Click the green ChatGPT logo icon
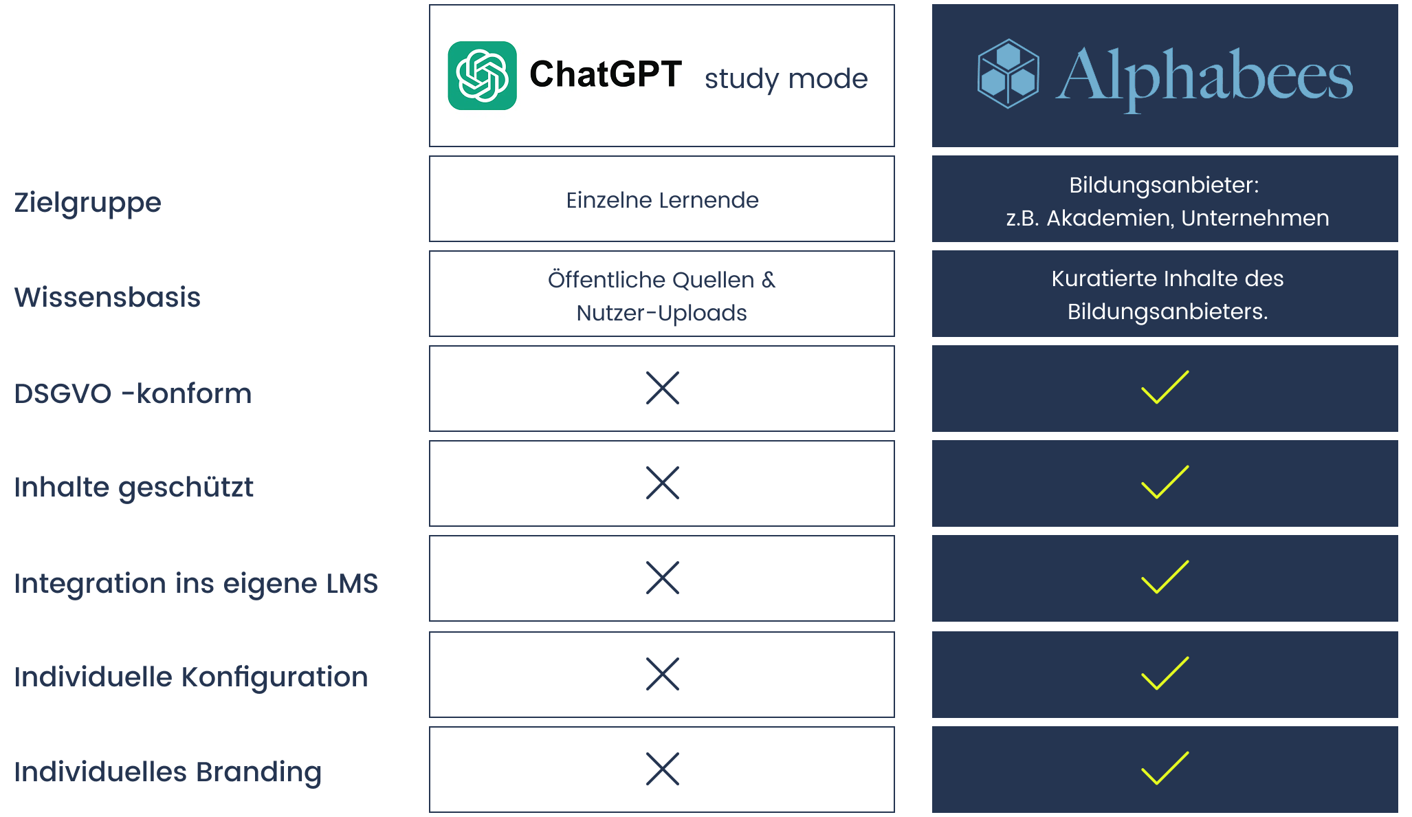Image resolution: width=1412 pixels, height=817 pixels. pyautogui.click(x=482, y=76)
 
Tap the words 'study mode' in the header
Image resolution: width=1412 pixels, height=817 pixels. pyautogui.click(x=786, y=78)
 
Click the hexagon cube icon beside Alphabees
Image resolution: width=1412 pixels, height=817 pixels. pyautogui.click(x=1008, y=74)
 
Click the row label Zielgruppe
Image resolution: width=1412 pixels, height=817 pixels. pyautogui.click(x=88, y=202)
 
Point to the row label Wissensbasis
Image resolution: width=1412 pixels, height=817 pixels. pyautogui.click(x=107, y=297)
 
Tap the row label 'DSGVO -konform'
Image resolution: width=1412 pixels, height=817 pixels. pyautogui.click(x=133, y=393)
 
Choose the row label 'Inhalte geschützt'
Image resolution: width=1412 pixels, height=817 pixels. pyautogui.click(x=133, y=487)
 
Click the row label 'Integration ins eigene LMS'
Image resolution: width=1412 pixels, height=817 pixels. pyautogui.click(x=196, y=583)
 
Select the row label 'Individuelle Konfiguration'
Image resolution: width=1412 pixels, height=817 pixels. pyautogui.click(x=191, y=677)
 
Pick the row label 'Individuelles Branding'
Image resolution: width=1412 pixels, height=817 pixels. pyautogui.click(x=168, y=772)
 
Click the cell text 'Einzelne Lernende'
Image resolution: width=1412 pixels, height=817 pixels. pyautogui.click(x=662, y=200)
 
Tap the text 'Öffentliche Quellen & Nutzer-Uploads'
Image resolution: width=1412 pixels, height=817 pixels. pyautogui.click(x=662, y=296)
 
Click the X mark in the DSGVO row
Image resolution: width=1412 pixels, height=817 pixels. pyautogui.click(x=663, y=388)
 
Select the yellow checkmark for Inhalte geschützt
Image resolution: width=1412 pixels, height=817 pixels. pyautogui.click(x=1165, y=482)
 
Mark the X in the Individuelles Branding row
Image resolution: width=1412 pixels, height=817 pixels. pyautogui.click(x=663, y=769)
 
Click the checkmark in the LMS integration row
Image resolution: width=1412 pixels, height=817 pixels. pyautogui.click(x=1165, y=577)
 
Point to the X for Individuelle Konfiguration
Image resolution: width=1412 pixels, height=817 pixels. pyautogui.click(x=663, y=674)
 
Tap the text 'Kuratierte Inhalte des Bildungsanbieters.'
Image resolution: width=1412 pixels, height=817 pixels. pyautogui.click(x=1167, y=294)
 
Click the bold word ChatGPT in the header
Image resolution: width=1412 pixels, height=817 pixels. pyautogui.click(x=605, y=74)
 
